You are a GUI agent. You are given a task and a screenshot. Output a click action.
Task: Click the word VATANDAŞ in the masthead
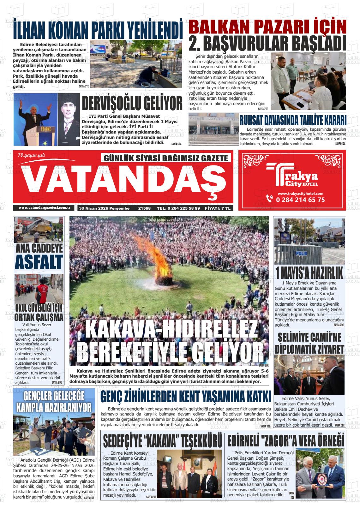[x=123, y=181]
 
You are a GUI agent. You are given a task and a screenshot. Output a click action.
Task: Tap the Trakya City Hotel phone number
[x=300, y=200]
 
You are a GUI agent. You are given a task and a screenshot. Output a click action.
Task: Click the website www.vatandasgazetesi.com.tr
[x=44, y=208]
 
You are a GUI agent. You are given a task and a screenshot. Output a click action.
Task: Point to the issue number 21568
[x=144, y=208]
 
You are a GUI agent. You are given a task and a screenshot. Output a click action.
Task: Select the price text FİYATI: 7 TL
[x=218, y=208]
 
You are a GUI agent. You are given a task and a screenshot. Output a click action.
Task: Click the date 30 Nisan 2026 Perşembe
[x=105, y=208]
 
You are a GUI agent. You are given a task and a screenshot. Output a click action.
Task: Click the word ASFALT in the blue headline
[x=39, y=262]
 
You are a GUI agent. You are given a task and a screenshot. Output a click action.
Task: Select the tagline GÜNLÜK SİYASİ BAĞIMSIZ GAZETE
[x=166, y=158]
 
